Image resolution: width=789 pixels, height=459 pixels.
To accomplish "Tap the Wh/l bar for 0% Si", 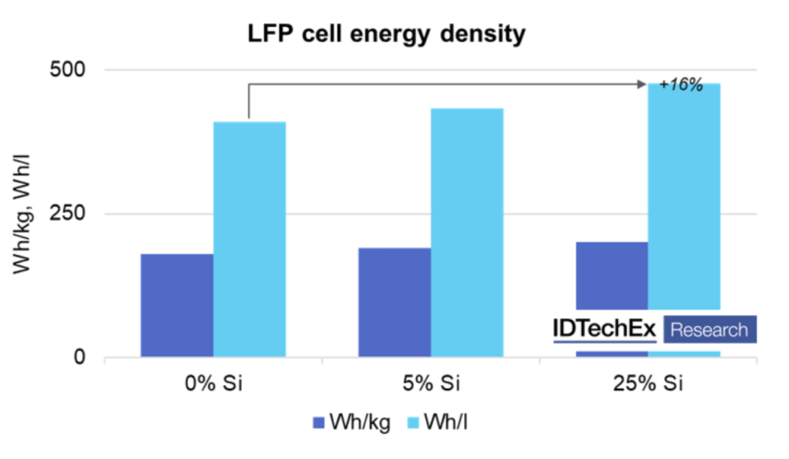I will [x=249, y=239].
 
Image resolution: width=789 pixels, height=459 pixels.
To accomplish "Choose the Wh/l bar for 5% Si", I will [x=467, y=233].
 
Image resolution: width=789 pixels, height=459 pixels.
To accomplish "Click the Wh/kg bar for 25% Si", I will [x=612, y=277].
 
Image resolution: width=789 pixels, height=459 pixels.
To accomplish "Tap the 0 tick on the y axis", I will [x=79, y=357].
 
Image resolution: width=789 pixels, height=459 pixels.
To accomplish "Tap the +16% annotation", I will [x=681, y=85].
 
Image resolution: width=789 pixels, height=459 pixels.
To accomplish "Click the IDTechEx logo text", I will [x=605, y=330].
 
